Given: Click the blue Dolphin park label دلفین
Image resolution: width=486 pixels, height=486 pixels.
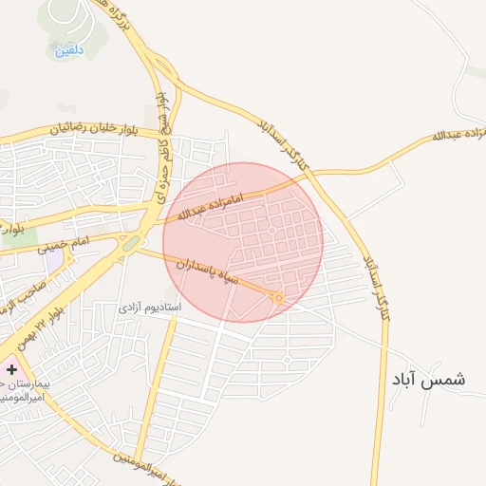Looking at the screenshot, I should point(69,48).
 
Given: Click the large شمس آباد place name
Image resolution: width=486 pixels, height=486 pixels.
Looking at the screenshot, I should point(428,378).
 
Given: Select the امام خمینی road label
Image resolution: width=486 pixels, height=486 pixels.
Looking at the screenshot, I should point(65,248).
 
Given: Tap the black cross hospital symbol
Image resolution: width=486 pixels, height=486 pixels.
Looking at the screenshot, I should point(11,368).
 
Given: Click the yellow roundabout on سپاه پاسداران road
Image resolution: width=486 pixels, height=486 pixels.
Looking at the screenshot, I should point(277,298).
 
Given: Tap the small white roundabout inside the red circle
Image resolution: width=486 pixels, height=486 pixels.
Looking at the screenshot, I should point(271,230).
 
